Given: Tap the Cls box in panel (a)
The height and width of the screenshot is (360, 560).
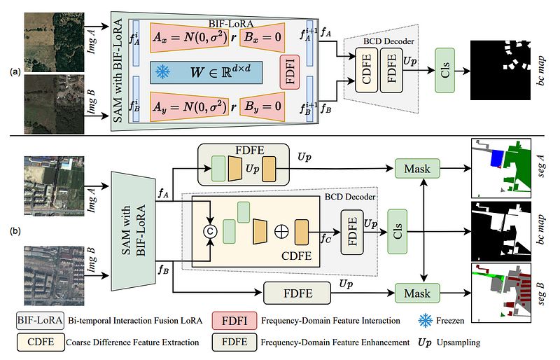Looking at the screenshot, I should tap(446, 71).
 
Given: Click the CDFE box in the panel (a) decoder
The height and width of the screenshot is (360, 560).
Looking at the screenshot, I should tap(367, 71).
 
